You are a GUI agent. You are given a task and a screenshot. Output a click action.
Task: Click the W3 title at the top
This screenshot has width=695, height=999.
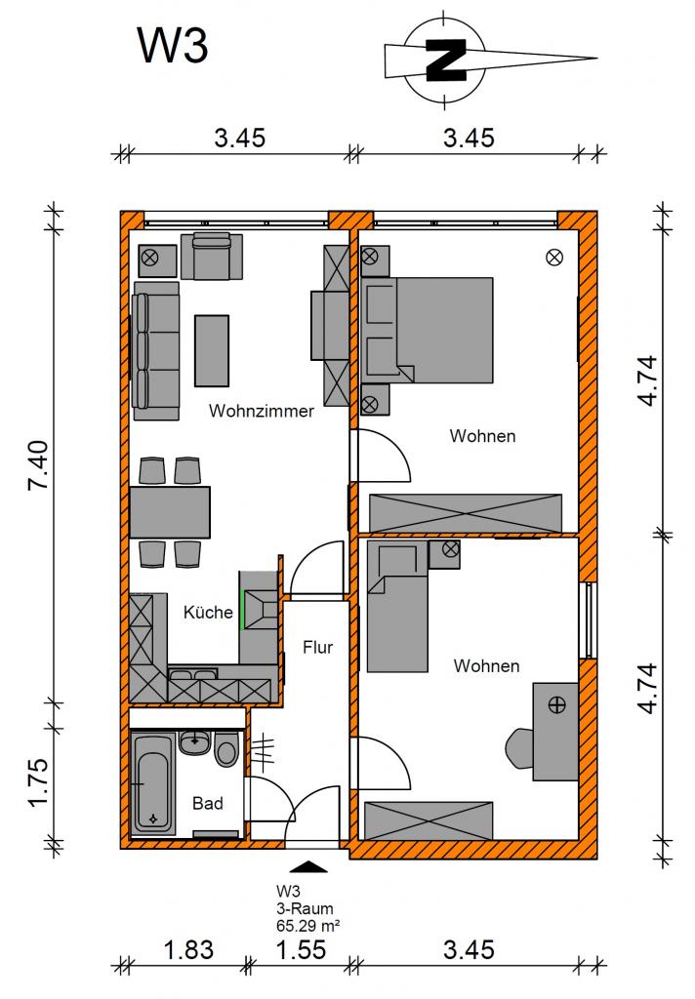(x=173, y=46)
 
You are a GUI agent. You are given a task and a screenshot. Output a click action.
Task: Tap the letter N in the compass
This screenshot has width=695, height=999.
(x=446, y=60)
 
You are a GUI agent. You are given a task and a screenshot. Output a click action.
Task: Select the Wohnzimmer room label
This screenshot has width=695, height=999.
(x=262, y=411)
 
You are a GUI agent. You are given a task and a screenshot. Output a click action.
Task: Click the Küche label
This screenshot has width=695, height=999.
(x=208, y=613)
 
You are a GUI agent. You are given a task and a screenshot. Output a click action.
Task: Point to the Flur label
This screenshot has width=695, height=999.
(x=317, y=648)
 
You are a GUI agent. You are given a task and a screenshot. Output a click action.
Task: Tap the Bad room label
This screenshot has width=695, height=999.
(x=208, y=804)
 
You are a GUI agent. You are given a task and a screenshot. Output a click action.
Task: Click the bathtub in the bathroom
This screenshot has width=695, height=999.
(x=153, y=784)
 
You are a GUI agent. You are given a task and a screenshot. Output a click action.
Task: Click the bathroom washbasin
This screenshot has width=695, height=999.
(x=194, y=742)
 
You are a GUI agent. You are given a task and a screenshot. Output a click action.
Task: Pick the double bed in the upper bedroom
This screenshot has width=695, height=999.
(x=428, y=330)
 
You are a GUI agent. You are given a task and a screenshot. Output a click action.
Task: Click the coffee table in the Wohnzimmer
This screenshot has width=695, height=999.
(x=212, y=350)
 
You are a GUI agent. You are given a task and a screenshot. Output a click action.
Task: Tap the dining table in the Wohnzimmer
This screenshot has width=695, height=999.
(x=170, y=512)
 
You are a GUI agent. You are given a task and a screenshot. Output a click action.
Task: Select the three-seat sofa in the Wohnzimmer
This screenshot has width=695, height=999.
(x=156, y=350)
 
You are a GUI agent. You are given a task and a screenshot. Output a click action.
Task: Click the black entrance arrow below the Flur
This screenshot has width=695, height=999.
(x=308, y=866)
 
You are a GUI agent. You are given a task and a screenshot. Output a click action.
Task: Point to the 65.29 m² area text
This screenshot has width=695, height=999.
(x=308, y=925)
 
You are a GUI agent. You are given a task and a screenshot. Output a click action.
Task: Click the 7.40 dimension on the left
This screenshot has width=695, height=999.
(x=38, y=464)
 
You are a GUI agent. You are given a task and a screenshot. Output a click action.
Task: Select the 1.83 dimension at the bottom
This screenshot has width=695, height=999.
(x=188, y=950)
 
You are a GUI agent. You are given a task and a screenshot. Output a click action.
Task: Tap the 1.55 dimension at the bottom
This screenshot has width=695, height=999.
(x=301, y=950)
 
